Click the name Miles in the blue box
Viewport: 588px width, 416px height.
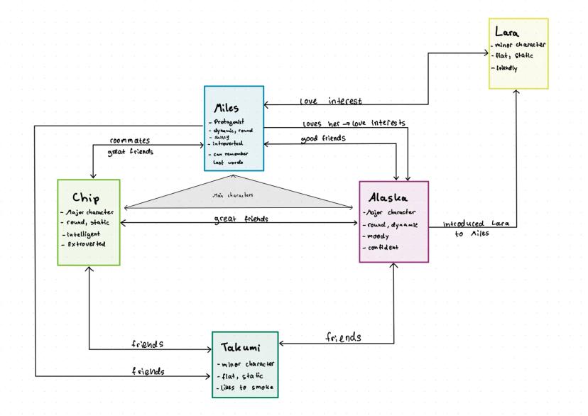tap(229, 107)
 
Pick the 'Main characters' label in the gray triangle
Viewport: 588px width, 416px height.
tap(238, 193)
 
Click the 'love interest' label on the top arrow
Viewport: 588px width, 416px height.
tap(331, 102)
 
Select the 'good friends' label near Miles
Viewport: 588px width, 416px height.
tap(322, 140)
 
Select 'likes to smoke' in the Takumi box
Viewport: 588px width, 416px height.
tap(246, 388)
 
